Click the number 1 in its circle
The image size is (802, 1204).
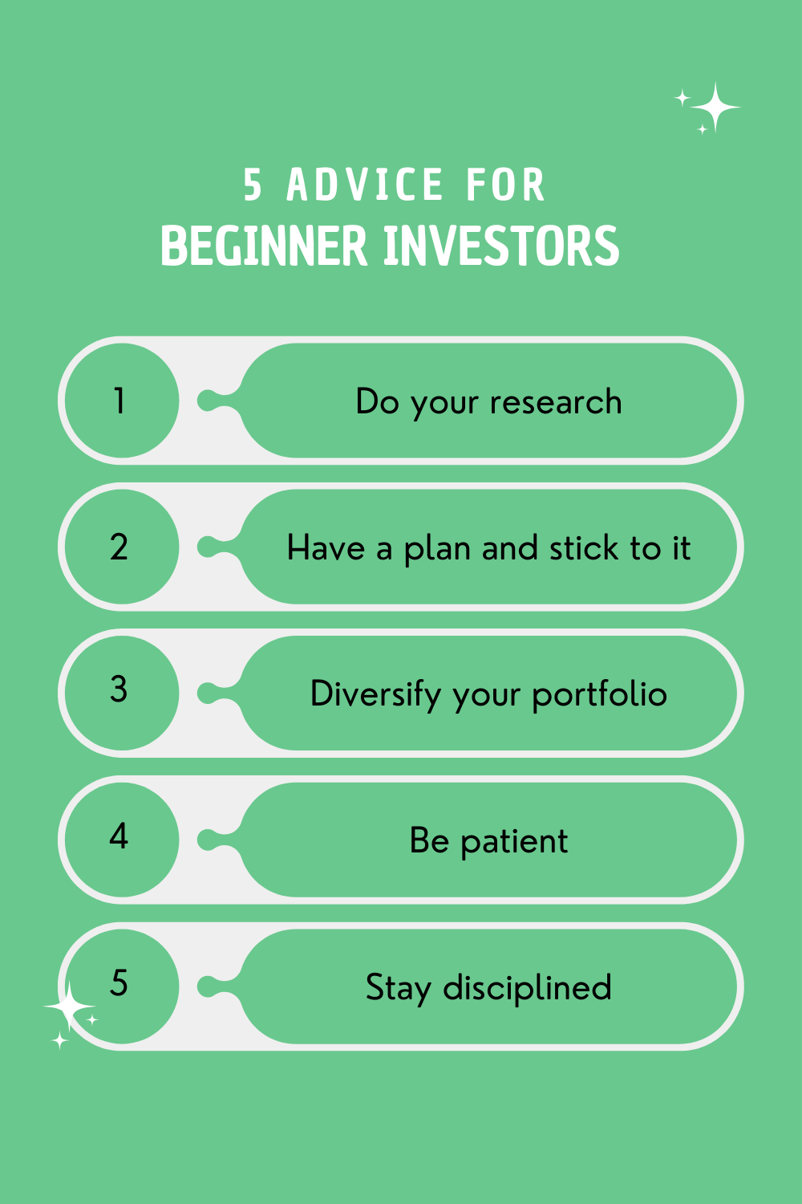tap(119, 401)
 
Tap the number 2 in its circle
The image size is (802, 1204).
tap(119, 547)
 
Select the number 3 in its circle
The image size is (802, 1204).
tap(119, 689)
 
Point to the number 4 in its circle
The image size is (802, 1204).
tap(119, 836)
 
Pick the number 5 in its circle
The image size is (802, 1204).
tap(119, 982)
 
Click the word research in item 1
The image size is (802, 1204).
tap(556, 401)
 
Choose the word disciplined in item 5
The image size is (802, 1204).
tap(527, 987)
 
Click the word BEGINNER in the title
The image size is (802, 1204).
tap(264, 245)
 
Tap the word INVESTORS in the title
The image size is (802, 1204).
tap(502, 245)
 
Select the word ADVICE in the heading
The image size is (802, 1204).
tap(365, 185)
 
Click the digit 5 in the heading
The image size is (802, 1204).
tap(253, 185)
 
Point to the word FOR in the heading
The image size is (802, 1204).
tap(505, 185)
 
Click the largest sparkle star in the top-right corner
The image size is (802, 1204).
tap(715, 108)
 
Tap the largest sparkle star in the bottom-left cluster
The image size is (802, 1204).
tap(69, 1007)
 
